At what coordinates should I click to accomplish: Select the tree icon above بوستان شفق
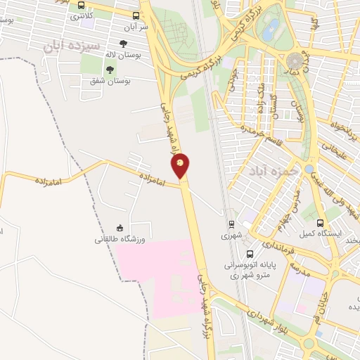pyautogui.click(x=110, y=68)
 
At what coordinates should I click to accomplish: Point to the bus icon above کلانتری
pyautogui.click(x=82, y=4)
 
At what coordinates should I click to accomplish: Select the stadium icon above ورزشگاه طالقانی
pyautogui.click(x=120, y=227)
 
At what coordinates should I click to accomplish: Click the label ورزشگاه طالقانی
pyautogui.click(x=120, y=240)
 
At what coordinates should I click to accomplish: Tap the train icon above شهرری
pyautogui.click(x=230, y=225)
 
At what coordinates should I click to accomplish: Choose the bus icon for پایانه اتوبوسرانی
pyautogui.click(x=250, y=254)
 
